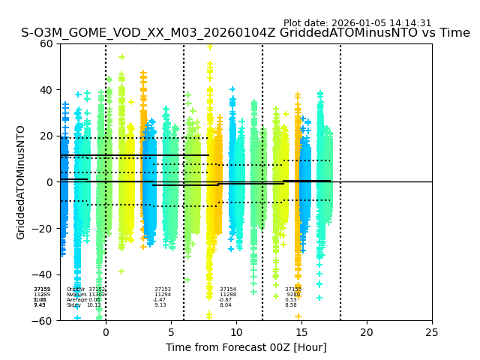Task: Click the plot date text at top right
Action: [x=357, y=23]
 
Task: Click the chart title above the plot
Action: [x=245, y=33]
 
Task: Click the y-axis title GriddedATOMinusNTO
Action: [x=21, y=182]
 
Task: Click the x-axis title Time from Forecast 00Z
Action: [x=246, y=347]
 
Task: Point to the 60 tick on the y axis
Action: [x=46, y=43]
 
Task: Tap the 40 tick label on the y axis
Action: [x=46, y=90]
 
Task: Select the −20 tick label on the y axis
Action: [x=43, y=229]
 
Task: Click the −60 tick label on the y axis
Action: [x=43, y=321]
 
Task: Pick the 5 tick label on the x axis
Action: [x=171, y=331]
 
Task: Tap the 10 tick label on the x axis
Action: [x=236, y=331]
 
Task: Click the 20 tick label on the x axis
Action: [x=367, y=331]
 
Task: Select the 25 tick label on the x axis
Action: [x=432, y=331]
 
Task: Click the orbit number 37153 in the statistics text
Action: [x=163, y=289]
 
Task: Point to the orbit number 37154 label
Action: [x=228, y=289]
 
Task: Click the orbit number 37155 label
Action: [x=293, y=289]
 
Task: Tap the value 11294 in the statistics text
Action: [x=163, y=295]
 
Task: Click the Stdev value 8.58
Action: [x=291, y=305]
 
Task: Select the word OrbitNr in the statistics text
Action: [x=75, y=289]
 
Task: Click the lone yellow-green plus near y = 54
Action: [x=121, y=57]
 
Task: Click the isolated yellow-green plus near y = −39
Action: [x=121, y=271]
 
